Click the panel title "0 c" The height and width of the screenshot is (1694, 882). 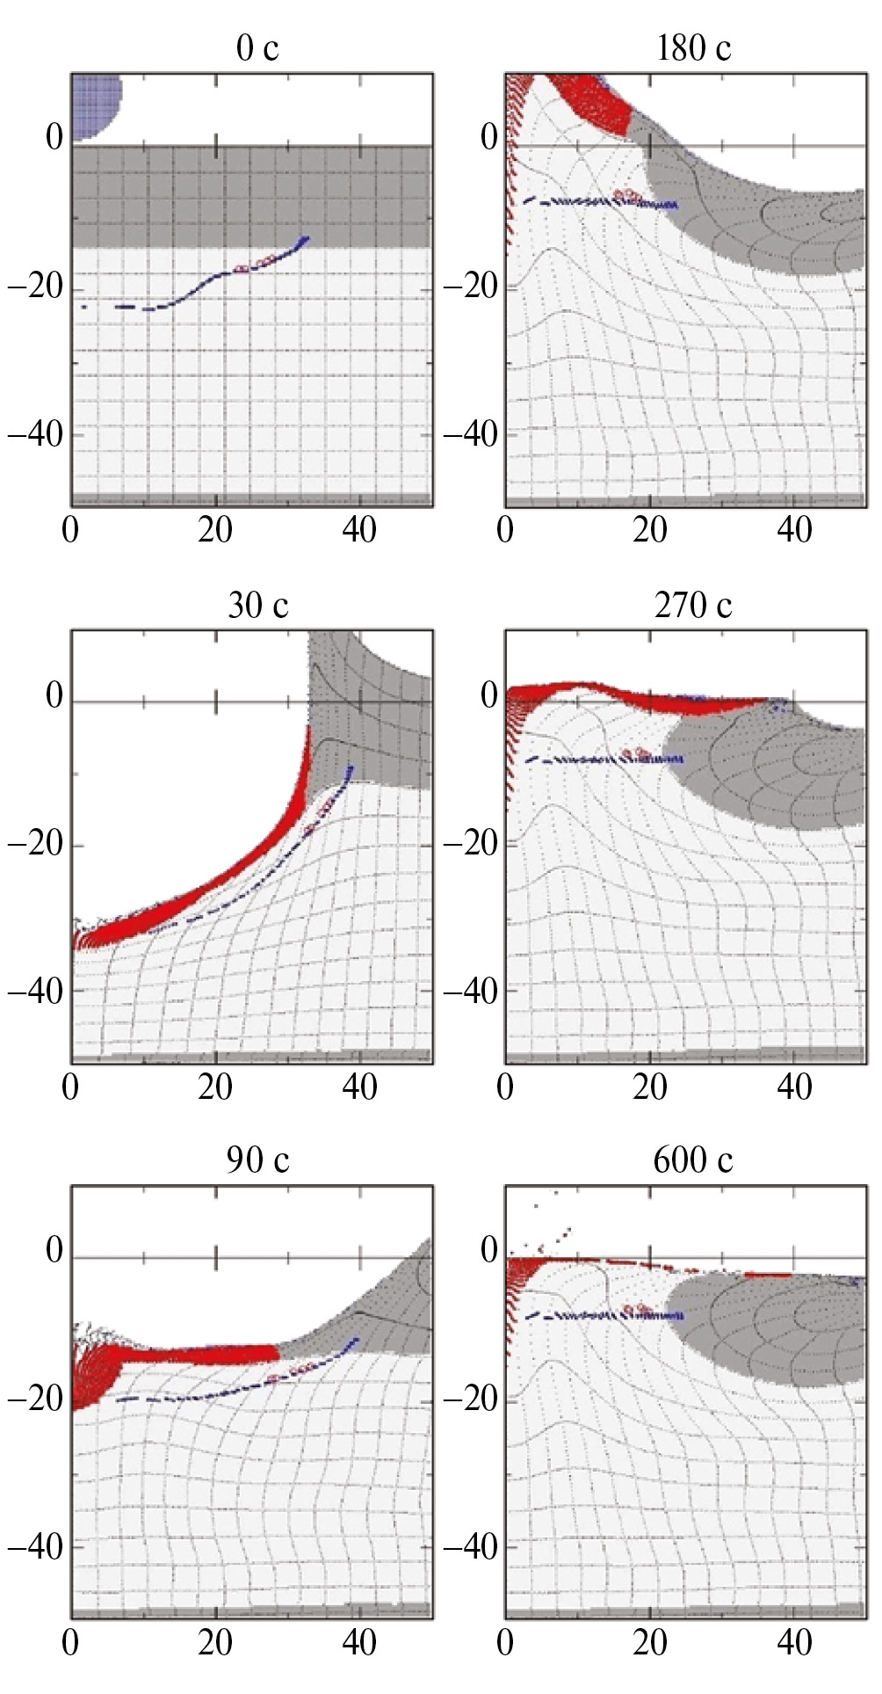pos(257,48)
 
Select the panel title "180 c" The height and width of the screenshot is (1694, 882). pos(693,48)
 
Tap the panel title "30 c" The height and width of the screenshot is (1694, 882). pos(257,605)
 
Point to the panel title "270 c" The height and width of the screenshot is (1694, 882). pos(693,605)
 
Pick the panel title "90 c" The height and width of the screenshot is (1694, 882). pos(257,1160)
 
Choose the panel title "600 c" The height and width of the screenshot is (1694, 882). pos(693,1160)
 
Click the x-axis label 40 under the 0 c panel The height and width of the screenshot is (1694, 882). pos(359,530)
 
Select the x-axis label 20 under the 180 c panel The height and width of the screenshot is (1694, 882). pos(650,530)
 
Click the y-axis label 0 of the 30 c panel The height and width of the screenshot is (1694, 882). pos(54,695)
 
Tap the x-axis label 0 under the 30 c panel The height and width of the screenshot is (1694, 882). pos(70,1087)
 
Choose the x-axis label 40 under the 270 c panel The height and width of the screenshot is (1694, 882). pos(794,1087)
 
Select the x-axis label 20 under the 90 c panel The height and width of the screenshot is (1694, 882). pos(215,1642)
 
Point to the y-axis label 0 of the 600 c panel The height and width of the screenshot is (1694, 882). pos(489,1250)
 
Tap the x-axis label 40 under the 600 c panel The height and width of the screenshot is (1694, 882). pos(794,1642)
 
